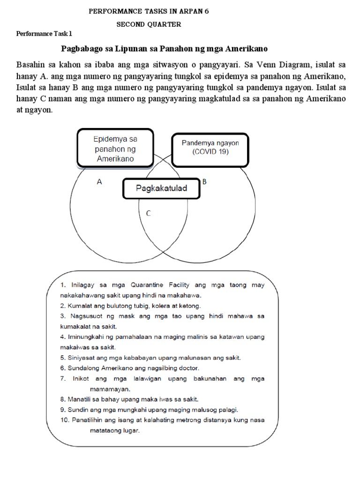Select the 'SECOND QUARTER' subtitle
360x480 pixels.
coord(149,24)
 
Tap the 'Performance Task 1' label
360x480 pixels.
coord(45,34)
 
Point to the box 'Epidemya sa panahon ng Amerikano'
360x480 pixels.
coord(115,149)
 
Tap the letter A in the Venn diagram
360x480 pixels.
coord(99,182)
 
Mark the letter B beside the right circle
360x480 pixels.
coord(204,181)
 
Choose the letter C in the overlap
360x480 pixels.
coord(148,213)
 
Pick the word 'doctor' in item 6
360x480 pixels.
coord(189,368)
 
